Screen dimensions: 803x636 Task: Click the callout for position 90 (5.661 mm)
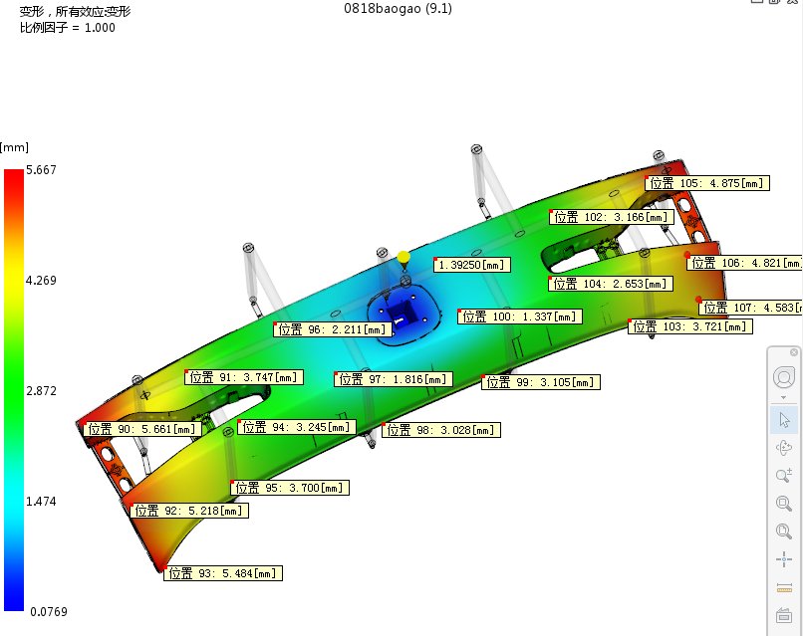point(141,429)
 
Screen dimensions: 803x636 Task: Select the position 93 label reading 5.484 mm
point(223,573)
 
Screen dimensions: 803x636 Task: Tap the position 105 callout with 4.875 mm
point(707,183)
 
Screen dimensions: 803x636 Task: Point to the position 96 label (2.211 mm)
point(333,329)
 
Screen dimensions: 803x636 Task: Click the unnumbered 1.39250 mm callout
point(471,265)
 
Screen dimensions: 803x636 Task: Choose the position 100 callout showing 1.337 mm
point(520,317)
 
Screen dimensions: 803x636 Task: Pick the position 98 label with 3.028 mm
point(441,430)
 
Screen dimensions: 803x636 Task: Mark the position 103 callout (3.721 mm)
point(690,326)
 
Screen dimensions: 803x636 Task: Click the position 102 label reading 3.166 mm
point(612,217)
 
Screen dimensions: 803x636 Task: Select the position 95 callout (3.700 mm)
point(290,488)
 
